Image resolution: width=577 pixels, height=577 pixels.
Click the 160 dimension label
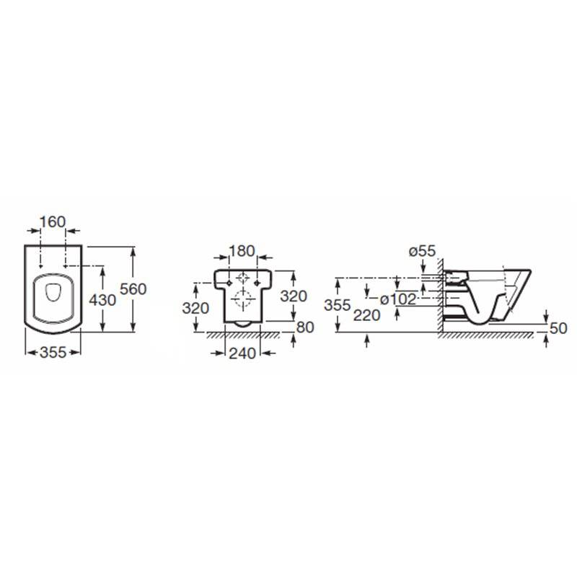click(53, 222)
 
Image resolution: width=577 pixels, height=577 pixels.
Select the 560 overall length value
click(133, 289)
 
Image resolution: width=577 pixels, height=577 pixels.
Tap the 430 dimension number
click(102, 300)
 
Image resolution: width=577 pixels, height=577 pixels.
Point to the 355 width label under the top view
click(53, 353)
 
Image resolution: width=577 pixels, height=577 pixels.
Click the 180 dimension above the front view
click(242, 251)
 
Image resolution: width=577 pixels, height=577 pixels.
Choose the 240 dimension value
click(242, 353)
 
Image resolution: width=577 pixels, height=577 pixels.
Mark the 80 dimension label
click(305, 327)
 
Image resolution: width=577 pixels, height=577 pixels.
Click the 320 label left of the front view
click(195, 308)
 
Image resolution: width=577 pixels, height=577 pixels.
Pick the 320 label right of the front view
click(294, 296)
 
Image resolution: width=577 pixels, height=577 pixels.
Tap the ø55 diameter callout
click(422, 251)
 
